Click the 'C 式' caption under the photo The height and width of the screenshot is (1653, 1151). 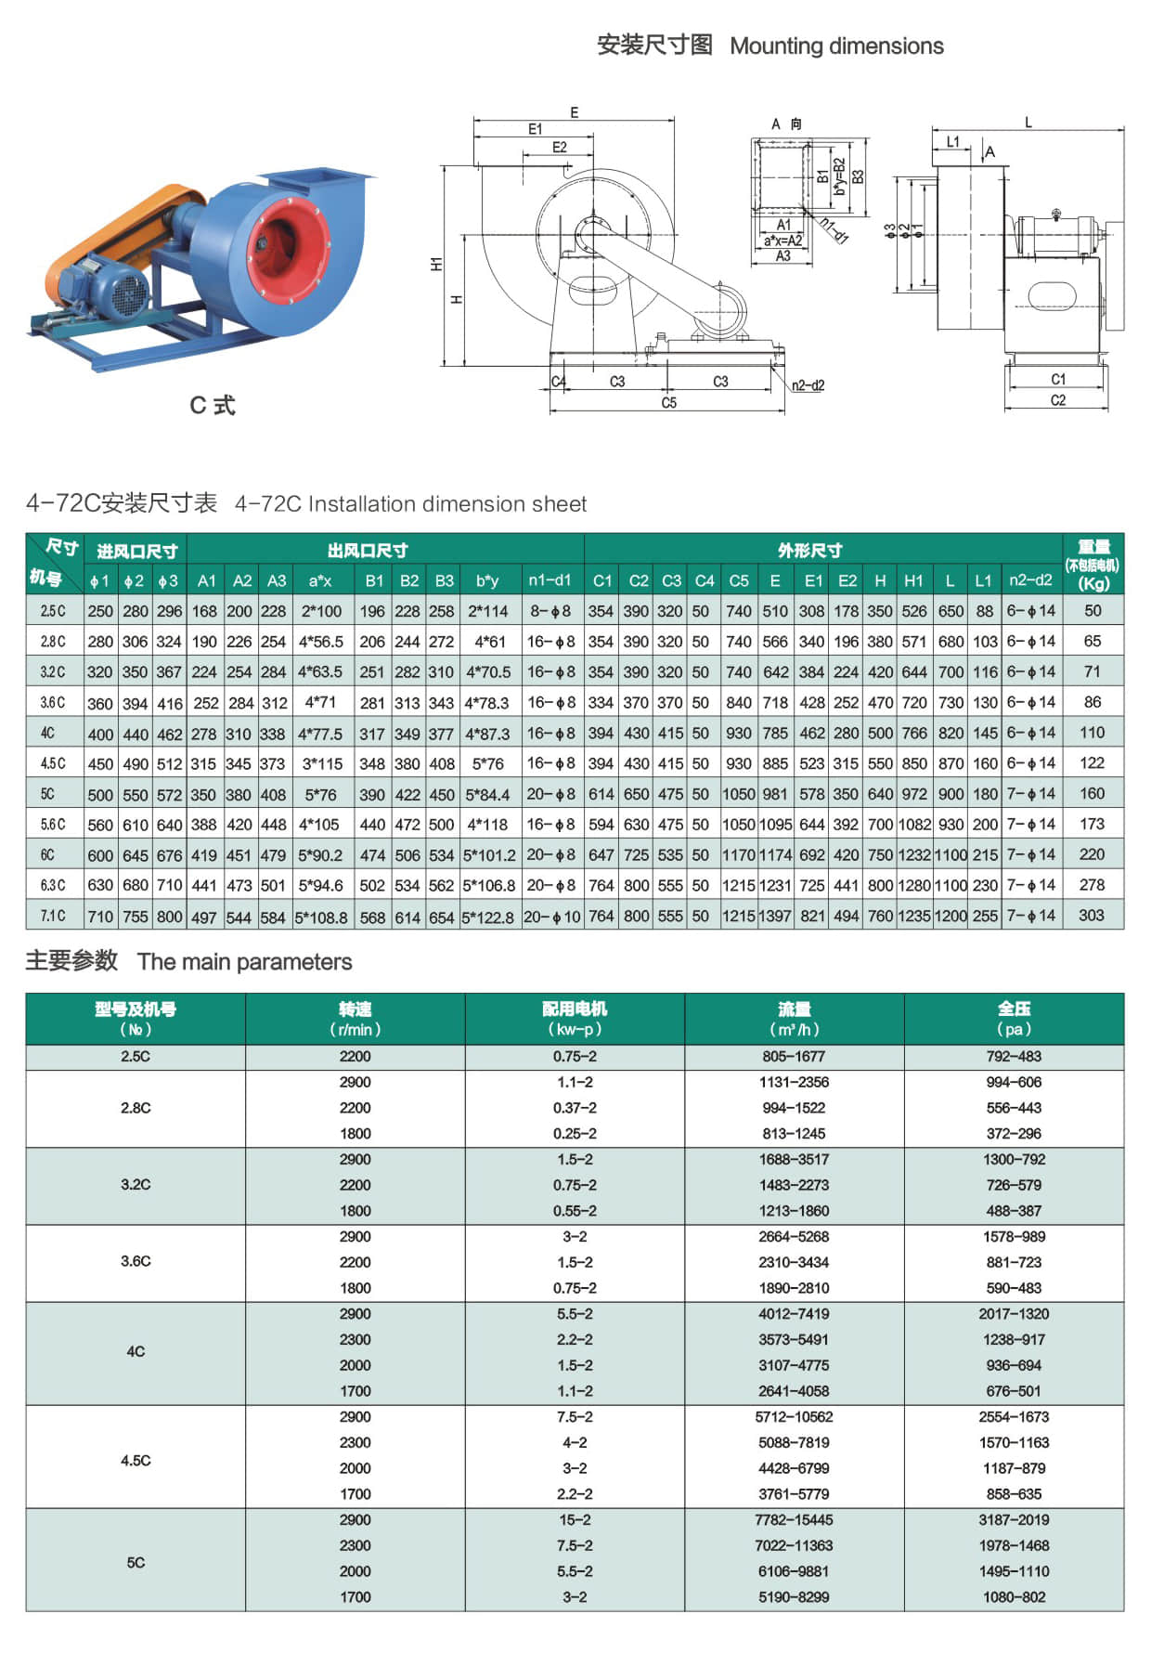(213, 405)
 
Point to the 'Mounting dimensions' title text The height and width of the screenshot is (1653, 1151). (836, 46)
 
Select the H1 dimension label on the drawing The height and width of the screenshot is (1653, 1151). (436, 265)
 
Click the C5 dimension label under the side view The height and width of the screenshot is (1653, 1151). (669, 403)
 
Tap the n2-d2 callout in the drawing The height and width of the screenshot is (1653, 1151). (808, 385)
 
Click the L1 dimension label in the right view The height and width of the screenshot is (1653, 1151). (953, 142)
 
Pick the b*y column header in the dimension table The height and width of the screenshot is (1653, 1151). (487, 580)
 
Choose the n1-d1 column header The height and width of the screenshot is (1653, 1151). (550, 580)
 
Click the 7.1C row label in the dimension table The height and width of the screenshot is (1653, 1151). (53, 916)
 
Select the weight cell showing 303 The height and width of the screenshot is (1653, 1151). (1092, 916)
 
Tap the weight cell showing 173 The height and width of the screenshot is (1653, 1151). (1092, 824)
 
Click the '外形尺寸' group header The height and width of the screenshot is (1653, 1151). (809, 551)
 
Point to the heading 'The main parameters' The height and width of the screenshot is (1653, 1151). (245, 962)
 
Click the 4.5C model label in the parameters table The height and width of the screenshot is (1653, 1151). (136, 1461)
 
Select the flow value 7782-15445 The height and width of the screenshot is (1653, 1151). (794, 1520)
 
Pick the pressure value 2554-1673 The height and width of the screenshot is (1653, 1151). (1014, 1417)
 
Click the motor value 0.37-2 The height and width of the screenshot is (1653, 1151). (575, 1108)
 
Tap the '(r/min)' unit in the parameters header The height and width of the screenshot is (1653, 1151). (355, 1030)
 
